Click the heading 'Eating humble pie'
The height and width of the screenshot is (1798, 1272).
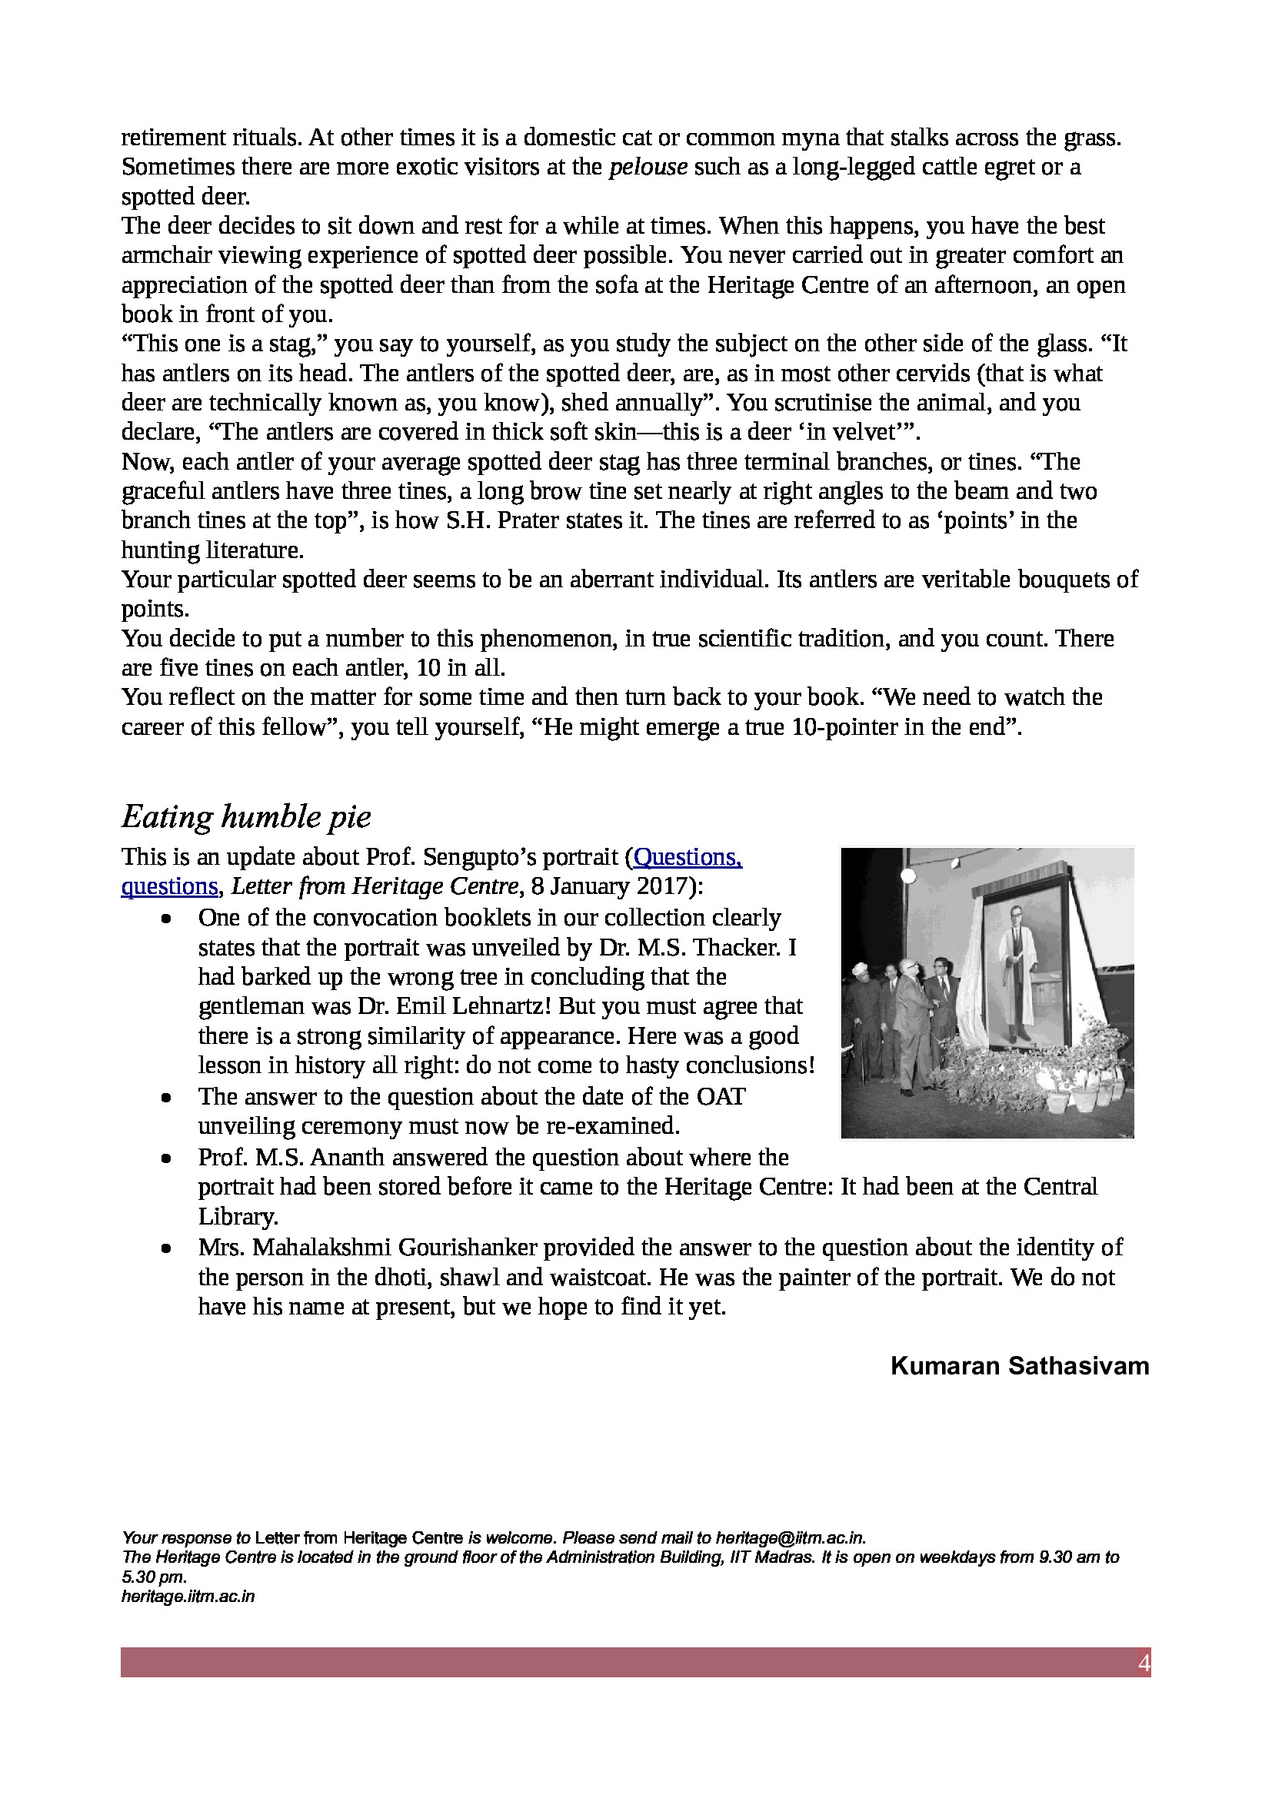pyautogui.click(x=246, y=816)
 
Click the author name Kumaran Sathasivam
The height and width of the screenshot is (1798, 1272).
pyautogui.click(x=1019, y=1366)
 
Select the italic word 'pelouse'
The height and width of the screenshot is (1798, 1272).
pyautogui.click(x=648, y=167)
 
